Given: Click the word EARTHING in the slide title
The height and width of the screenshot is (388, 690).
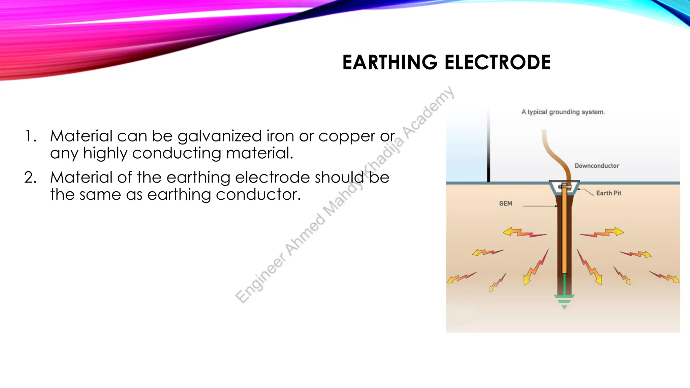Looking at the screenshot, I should click(390, 63).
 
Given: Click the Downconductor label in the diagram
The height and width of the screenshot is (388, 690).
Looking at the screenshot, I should click(597, 166).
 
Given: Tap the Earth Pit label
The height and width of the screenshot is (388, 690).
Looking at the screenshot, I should click(608, 193).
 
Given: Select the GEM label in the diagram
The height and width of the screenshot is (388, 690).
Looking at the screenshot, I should click(505, 203).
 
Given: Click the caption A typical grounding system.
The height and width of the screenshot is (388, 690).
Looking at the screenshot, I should click(563, 112).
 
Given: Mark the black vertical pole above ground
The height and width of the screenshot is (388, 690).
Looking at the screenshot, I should click(489, 148).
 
